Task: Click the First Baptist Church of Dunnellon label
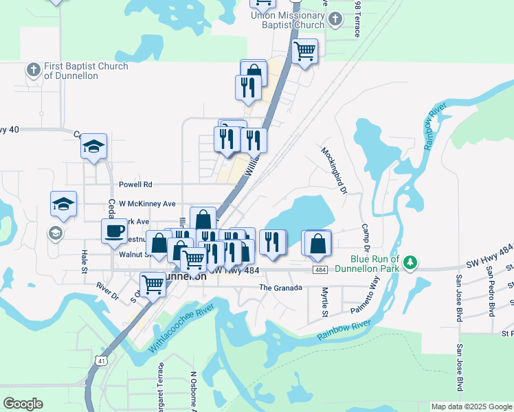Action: (85, 71)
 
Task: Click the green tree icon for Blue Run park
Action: (410, 262)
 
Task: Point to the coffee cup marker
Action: (115, 231)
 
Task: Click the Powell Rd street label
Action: (135, 185)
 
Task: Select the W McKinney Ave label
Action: (147, 204)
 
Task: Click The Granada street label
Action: (280, 288)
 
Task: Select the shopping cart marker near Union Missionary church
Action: (304, 51)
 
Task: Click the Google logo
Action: (23, 404)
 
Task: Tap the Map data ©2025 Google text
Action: (471, 407)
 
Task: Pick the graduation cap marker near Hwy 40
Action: (93, 147)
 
